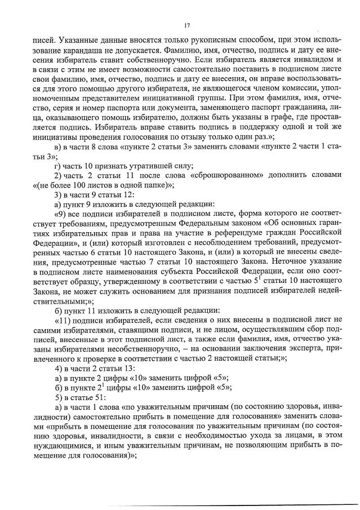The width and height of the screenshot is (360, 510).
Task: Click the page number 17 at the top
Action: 187,25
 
